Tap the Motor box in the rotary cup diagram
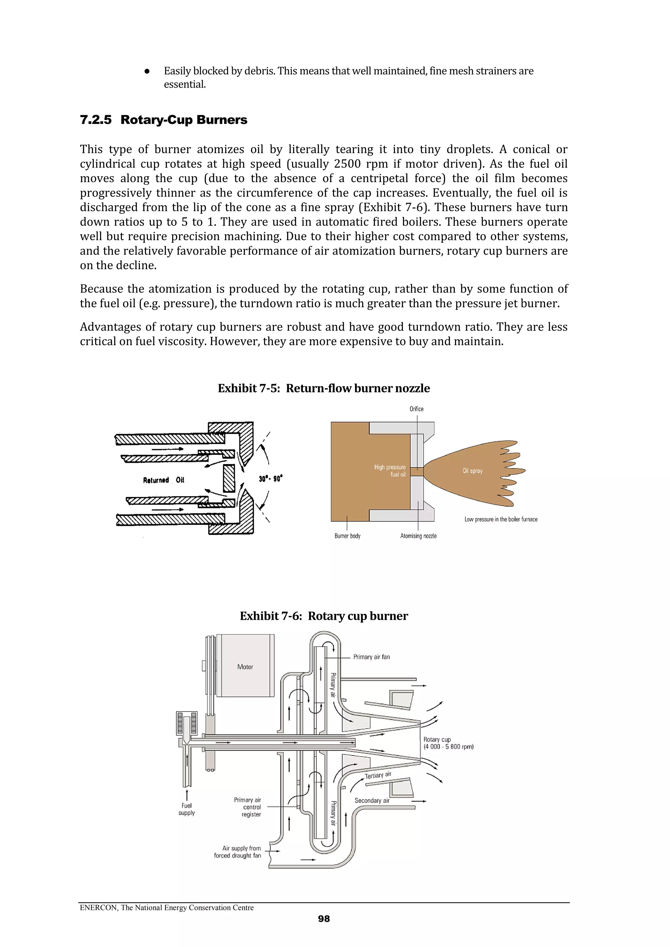(245, 667)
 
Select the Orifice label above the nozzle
(416, 409)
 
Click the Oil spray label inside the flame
(472, 471)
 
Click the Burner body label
(347, 536)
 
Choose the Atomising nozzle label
(418, 536)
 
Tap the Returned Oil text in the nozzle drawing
(164, 480)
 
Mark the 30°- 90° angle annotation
(271, 479)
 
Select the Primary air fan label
(371, 657)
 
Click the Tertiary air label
(378, 775)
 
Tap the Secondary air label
(372, 801)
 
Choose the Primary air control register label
(248, 807)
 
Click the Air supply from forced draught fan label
(238, 852)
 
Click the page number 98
(324, 919)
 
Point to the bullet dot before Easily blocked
(147, 71)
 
